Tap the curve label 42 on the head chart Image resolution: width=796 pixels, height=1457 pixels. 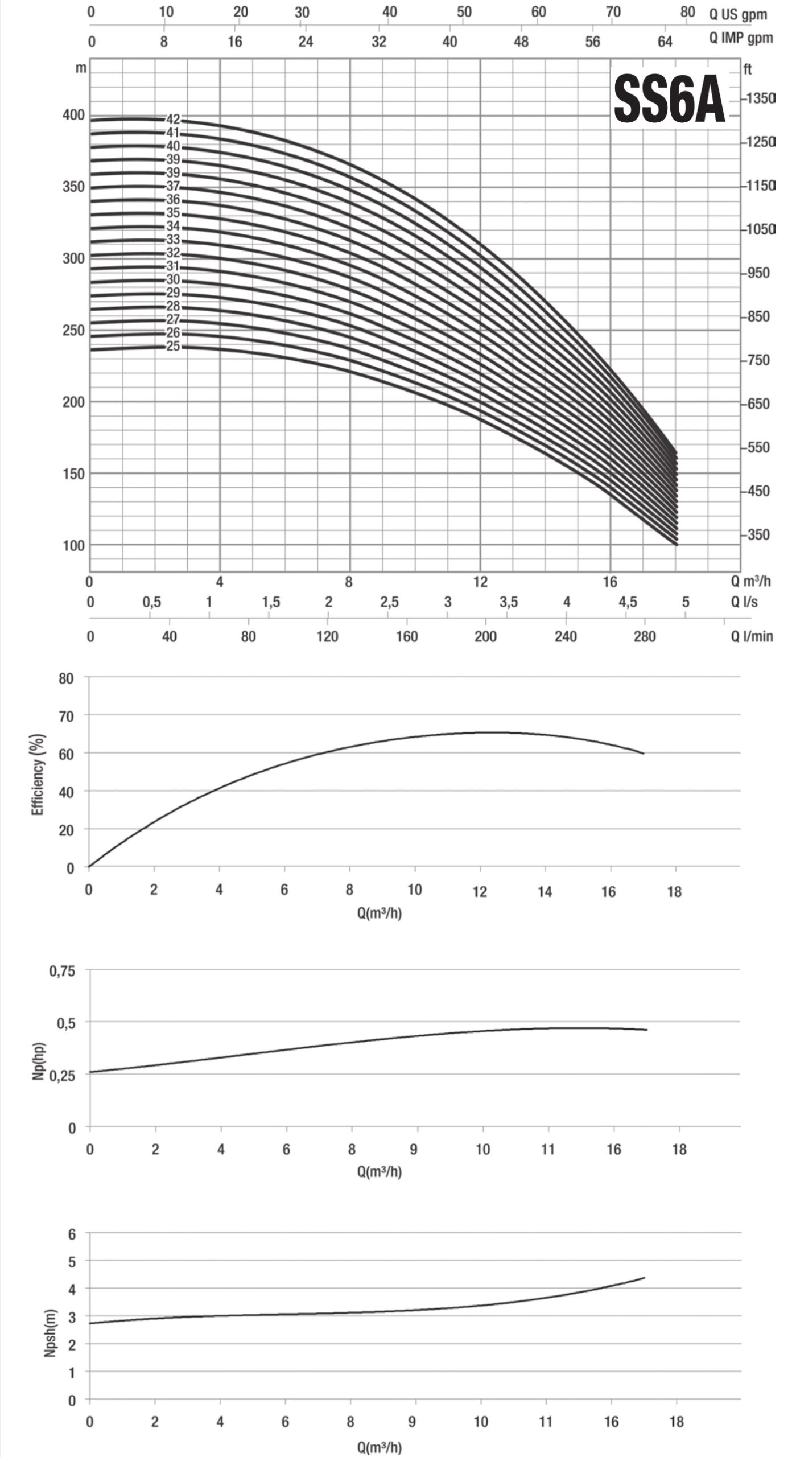coord(173,120)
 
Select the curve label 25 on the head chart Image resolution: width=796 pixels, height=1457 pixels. coord(173,346)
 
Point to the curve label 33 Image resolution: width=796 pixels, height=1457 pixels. coord(173,240)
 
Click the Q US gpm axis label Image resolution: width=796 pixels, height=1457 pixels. coord(738,15)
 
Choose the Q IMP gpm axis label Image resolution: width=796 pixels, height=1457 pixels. coord(741,38)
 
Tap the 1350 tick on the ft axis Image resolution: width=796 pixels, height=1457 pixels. coord(761,98)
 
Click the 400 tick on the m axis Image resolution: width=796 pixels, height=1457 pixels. coord(73,115)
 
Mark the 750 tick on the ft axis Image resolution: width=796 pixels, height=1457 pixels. coord(758,360)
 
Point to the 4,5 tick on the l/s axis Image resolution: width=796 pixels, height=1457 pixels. coord(628,602)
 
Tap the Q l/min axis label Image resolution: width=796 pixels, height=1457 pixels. coord(752,636)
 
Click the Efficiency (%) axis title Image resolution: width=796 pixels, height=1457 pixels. coord(38,774)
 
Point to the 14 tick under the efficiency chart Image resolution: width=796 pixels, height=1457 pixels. coord(545,891)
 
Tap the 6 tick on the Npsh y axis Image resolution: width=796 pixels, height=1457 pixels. coord(71,1234)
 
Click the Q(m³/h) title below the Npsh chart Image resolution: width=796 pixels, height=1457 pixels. coord(380,1446)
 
